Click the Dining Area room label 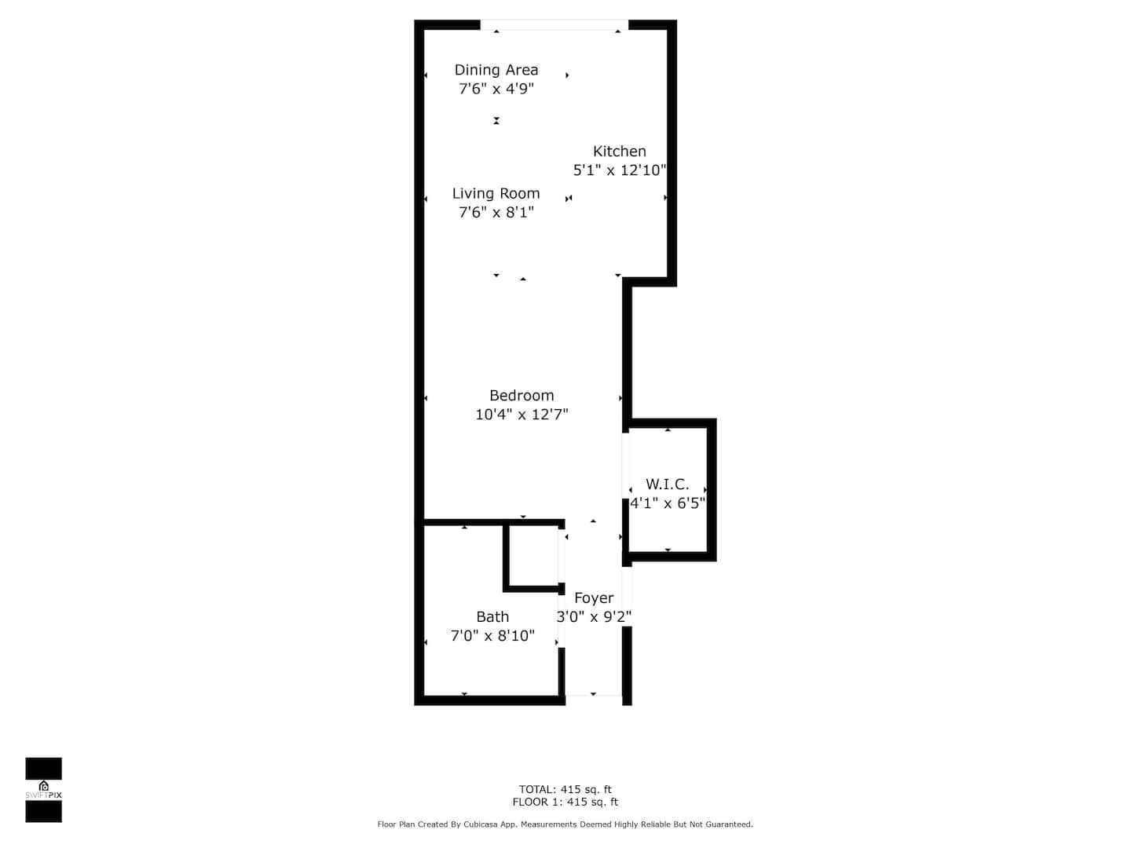click(496, 70)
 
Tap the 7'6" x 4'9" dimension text click(496, 89)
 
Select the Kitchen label click(619, 152)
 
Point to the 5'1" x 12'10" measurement click(620, 170)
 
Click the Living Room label click(496, 194)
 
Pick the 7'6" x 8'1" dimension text click(496, 212)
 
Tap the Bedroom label click(522, 396)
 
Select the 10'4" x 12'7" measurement click(522, 414)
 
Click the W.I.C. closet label click(667, 484)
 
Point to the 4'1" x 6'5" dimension click(667, 503)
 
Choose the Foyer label click(594, 598)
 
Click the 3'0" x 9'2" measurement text click(594, 616)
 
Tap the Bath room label click(492, 616)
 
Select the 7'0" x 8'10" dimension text click(492, 635)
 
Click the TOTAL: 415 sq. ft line click(565, 789)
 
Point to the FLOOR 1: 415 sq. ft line click(565, 802)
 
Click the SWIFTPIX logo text click(43, 795)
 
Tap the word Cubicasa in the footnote click(480, 824)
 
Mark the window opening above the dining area click(554, 24)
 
